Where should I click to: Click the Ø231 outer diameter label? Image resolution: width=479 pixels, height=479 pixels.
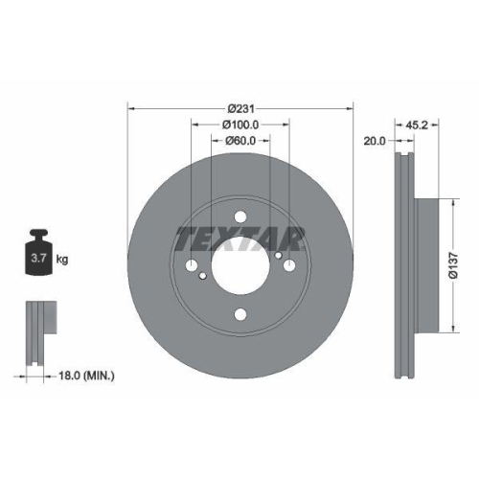[x=240, y=107]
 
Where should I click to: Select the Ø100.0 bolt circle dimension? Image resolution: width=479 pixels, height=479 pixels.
[x=240, y=125]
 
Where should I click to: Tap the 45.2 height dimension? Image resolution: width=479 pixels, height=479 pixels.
[x=418, y=125]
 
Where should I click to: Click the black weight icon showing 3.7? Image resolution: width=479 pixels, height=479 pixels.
[x=40, y=254]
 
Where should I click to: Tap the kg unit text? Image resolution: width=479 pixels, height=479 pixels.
[x=62, y=260]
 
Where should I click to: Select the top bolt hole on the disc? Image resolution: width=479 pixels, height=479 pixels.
[x=240, y=217]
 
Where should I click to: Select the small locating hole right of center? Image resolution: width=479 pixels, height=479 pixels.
[x=278, y=256]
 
